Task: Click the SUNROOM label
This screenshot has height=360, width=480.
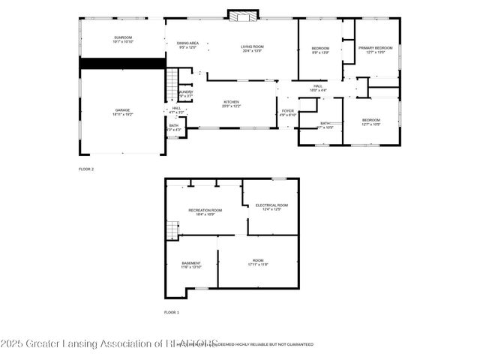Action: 122,40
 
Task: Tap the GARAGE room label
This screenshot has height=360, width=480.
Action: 121,112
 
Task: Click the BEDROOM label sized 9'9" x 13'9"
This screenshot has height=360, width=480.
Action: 320,50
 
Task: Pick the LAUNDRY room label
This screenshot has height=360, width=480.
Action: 185,94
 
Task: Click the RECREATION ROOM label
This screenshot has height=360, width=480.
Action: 205,211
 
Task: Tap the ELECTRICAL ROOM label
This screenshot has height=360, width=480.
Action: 271,206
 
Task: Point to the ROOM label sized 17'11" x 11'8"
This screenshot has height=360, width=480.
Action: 258,262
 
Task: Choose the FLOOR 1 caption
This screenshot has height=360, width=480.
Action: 172,311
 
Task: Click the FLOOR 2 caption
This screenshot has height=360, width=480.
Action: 86,169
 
